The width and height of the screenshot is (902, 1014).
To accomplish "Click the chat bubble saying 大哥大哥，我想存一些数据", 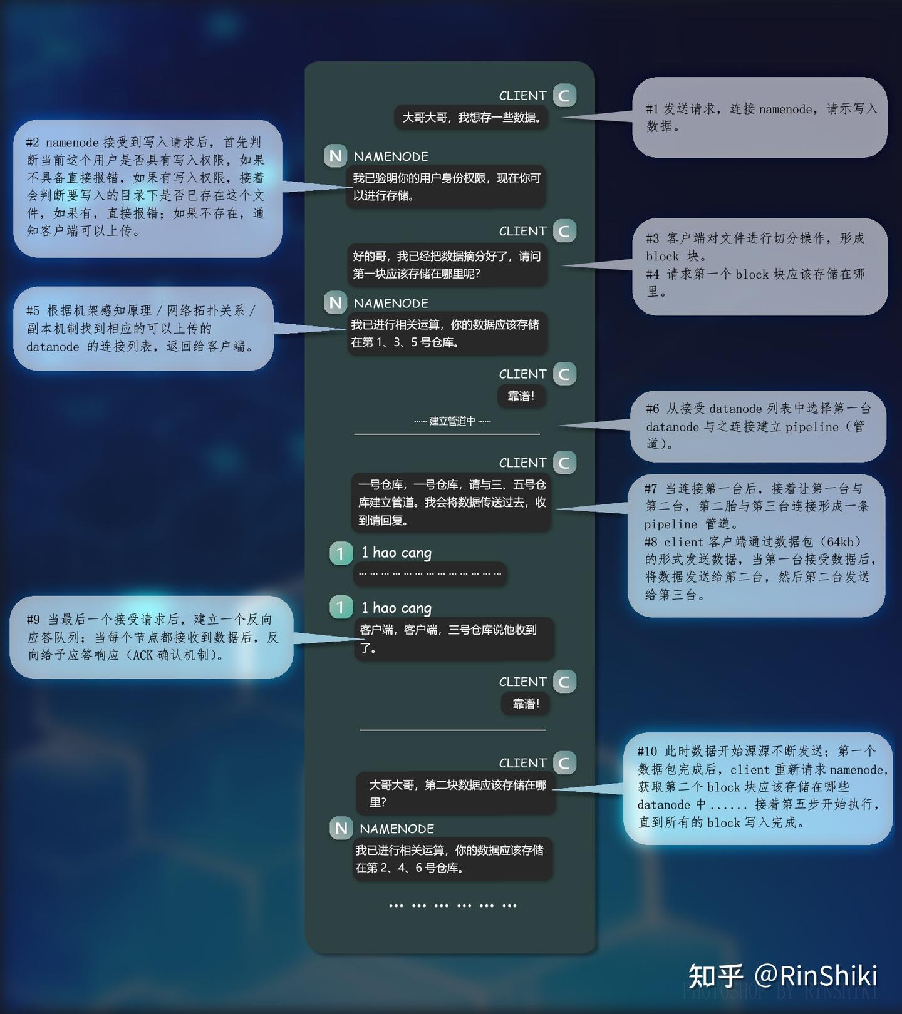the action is click(471, 117).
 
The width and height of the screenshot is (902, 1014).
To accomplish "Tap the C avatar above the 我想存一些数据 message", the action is click(564, 95).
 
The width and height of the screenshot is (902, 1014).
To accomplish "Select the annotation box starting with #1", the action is click(759, 117).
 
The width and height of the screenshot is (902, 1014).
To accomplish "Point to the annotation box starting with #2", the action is click(148, 188).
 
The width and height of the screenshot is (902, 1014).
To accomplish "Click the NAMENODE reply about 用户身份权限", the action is click(446, 187).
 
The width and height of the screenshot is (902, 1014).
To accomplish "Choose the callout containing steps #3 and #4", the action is click(759, 266).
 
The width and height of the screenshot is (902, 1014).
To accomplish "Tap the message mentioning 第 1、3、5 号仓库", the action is click(447, 333).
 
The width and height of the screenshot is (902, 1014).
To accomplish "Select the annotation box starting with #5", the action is click(143, 329).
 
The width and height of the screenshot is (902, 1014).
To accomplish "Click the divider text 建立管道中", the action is click(452, 421).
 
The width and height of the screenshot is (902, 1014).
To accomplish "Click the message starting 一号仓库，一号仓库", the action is click(451, 502).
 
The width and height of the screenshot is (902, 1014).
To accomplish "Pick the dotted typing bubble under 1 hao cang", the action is click(430, 574).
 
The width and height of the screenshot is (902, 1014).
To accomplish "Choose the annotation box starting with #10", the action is click(757, 788).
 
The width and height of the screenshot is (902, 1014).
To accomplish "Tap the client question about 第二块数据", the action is click(455, 793).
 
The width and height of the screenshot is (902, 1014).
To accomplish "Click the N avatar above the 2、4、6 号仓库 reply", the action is click(341, 828).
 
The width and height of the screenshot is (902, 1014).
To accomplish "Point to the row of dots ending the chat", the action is click(452, 905).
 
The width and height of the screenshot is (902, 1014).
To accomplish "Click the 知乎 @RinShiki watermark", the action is click(783, 975).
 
